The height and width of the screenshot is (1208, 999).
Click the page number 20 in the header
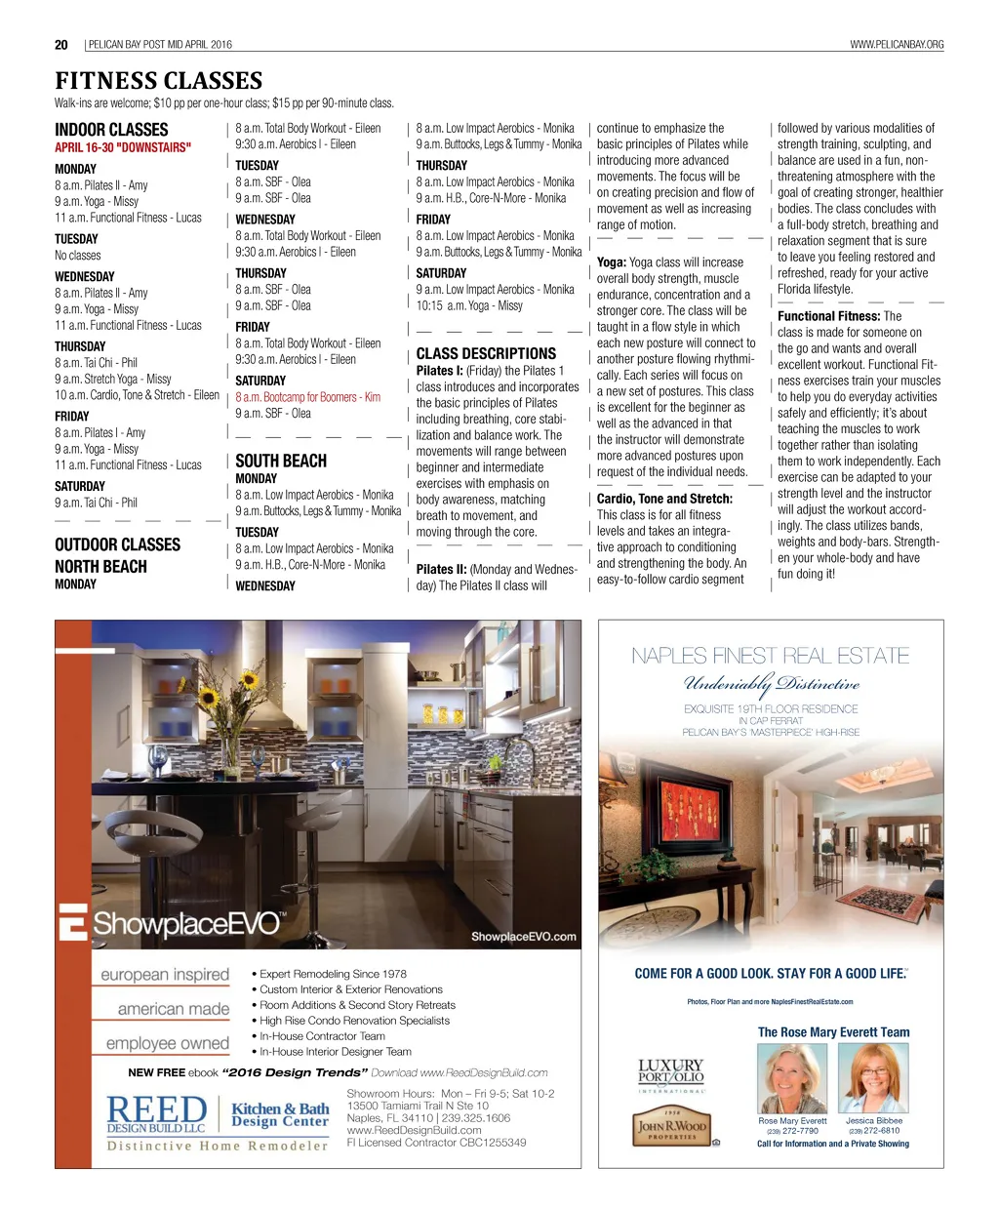[x=61, y=44]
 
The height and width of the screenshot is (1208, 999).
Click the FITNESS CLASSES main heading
[x=158, y=80]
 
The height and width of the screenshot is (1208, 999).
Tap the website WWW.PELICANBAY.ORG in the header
[x=897, y=44]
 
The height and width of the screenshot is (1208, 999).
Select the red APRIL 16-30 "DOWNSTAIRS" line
[x=123, y=147]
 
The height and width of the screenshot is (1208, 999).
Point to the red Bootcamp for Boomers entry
[x=307, y=397]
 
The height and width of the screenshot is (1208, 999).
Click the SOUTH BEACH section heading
[x=281, y=461]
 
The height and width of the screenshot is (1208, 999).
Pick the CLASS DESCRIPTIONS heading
[x=486, y=353]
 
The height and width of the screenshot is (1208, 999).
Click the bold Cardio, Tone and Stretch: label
[x=664, y=499]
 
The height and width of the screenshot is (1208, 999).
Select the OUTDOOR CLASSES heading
[x=117, y=544]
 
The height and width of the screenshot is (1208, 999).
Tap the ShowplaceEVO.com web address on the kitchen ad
[x=523, y=937]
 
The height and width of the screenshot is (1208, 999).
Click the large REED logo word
[x=156, y=1109]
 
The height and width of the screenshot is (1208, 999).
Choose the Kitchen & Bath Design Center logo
[x=280, y=1114]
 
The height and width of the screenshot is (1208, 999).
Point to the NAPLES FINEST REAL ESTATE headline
[x=770, y=656]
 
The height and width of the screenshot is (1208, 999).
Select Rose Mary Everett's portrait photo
[x=792, y=1078]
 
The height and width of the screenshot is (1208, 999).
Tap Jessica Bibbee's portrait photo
[x=874, y=1078]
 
